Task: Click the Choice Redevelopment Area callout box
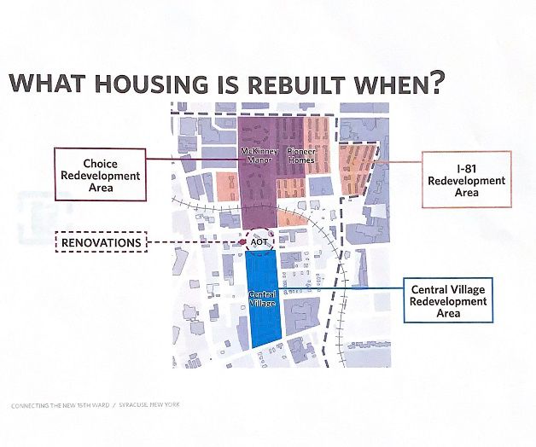pyautogui.click(x=101, y=175)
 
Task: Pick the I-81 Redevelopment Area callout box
pyautogui.click(x=467, y=180)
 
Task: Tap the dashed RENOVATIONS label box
pyautogui.click(x=101, y=243)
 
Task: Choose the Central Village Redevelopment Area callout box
pyautogui.click(x=448, y=302)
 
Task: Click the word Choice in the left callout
pyautogui.click(x=101, y=162)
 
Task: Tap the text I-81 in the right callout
pyautogui.click(x=467, y=168)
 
